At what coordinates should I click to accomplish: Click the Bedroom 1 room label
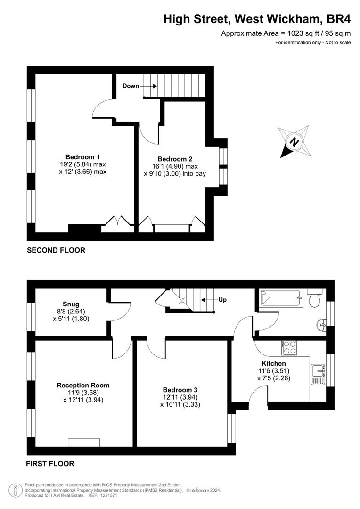(82, 157)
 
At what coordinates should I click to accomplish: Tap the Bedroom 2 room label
(175, 159)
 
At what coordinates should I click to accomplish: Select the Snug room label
(71, 304)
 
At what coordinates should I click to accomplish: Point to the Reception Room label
(83, 386)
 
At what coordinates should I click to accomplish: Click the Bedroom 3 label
(180, 390)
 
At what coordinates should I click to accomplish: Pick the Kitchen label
(274, 363)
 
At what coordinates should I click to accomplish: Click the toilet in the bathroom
(314, 299)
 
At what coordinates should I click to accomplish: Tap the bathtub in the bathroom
(281, 298)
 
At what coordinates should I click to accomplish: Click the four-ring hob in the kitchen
(289, 348)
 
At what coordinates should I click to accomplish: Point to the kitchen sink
(318, 374)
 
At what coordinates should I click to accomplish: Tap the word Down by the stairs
(131, 86)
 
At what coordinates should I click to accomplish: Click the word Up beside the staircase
(222, 300)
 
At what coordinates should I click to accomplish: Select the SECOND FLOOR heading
(56, 250)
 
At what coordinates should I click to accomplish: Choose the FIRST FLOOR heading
(50, 464)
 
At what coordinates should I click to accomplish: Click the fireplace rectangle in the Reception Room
(84, 443)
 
